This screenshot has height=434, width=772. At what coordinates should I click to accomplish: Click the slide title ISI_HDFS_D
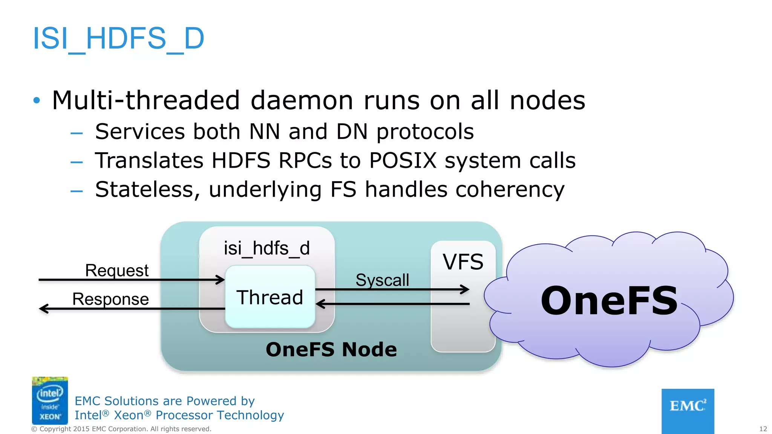coord(118,38)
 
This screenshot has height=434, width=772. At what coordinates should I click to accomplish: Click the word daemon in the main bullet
coord(302,101)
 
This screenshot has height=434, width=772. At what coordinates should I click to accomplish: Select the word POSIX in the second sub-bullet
coord(403,160)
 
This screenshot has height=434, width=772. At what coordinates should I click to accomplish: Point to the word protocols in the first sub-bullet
coord(425,131)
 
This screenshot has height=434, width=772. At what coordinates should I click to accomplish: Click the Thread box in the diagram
coord(270,297)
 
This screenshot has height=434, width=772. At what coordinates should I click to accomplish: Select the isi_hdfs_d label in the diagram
coord(267,248)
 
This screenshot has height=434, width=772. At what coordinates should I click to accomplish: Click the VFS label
coord(463,262)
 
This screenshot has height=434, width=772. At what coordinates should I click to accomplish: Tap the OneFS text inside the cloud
coord(609,301)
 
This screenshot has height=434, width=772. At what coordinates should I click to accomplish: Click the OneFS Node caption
coord(331,349)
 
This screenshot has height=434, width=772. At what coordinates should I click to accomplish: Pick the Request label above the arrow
coord(117,270)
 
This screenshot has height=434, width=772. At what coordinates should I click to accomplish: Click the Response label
coord(110,299)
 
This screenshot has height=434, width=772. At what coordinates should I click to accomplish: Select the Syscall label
coord(382,280)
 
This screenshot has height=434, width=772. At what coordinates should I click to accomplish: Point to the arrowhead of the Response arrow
coord(43,309)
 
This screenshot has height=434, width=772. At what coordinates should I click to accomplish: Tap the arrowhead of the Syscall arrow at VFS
coord(466,289)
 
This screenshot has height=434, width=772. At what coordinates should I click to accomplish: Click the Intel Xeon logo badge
coord(50,400)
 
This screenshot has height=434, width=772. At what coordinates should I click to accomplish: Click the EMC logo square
coord(688,411)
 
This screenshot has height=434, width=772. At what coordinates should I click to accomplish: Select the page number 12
coord(763,429)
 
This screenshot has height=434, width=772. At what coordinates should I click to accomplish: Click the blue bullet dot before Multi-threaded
coord(37,100)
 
